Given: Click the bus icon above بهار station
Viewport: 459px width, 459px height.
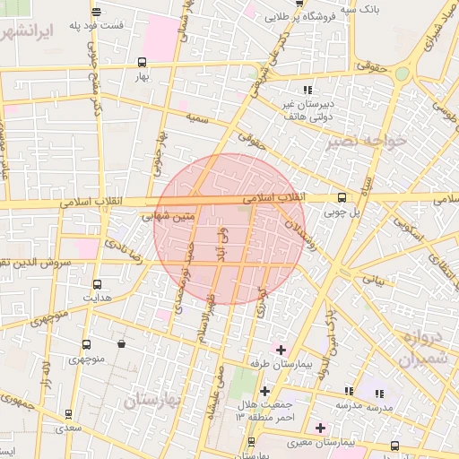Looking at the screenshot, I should tap(143, 62).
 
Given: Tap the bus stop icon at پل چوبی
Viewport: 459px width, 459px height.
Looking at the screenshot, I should tap(341, 198).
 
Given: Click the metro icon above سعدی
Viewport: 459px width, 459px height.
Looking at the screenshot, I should tap(69, 415).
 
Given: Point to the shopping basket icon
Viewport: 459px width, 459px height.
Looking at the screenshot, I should tap(121, 343).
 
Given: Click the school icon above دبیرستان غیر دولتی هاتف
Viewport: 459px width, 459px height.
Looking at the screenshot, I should tap(307, 90).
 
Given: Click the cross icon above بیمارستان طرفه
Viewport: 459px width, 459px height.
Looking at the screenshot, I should tap(281, 349).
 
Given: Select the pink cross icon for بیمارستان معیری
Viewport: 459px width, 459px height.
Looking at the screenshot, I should tap(320, 428).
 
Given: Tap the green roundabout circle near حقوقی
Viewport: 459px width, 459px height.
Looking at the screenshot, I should tap(403, 74).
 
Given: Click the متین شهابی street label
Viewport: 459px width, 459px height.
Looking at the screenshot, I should tap(169, 216).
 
